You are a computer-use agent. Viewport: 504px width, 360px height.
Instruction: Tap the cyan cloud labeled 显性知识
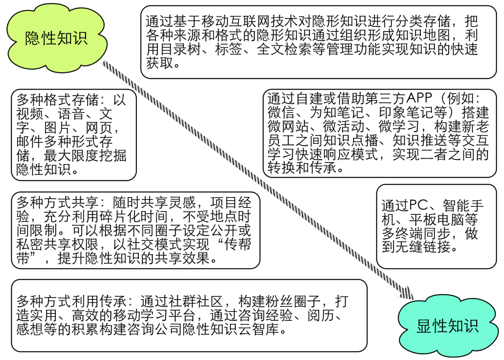click(x=448, y=326)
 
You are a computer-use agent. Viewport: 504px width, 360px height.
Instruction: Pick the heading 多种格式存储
click(x=58, y=100)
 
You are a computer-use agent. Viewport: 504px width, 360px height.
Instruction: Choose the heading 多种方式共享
click(x=58, y=203)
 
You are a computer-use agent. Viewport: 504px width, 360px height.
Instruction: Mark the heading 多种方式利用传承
click(x=72, y=302)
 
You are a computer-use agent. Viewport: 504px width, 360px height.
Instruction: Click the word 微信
click(x=281, y=112)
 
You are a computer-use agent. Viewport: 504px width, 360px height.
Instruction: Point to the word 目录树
click(x=181, y=49)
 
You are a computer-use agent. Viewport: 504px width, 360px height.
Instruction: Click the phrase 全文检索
click(x=285, y=49)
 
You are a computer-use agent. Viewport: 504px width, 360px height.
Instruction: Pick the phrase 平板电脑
click(x=437, y=219)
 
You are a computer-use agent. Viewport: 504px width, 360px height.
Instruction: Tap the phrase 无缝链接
click(x=423, y=247)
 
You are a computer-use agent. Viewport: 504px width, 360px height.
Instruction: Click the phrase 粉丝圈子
click(x=293, y=302)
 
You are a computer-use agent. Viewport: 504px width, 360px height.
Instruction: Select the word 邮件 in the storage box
click(x=30, y=141)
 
